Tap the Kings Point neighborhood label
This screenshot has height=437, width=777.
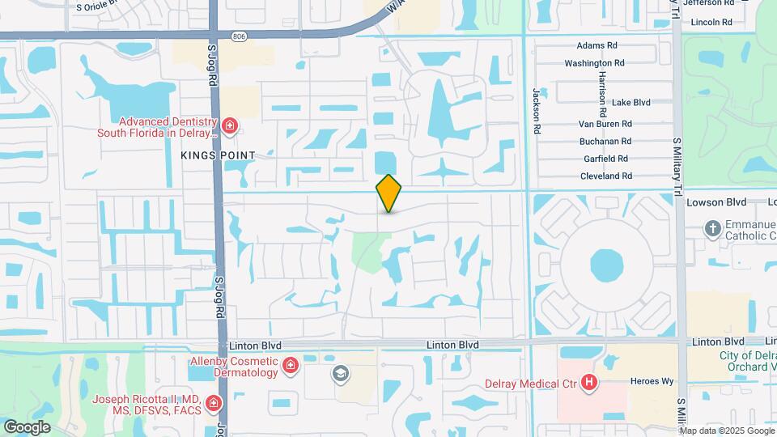(x=218, y=155)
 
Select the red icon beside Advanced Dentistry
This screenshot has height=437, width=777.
(x=231, y=125)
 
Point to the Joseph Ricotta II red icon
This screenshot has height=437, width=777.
(x=213, y=403)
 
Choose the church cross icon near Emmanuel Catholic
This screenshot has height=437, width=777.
(x=713, y=228)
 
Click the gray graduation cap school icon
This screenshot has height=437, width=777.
(x=340, y=373)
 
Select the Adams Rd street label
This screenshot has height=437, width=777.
(x=597, y=46)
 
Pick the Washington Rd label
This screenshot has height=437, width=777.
(x=594, y=63)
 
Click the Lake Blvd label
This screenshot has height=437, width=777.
(x=631, y=103)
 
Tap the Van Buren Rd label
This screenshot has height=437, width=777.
(x=605, y=124)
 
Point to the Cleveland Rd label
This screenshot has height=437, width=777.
(x=605, y=176)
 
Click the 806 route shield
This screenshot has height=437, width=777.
(x=238, y=36)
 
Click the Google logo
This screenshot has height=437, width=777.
(x=27, y=426)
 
